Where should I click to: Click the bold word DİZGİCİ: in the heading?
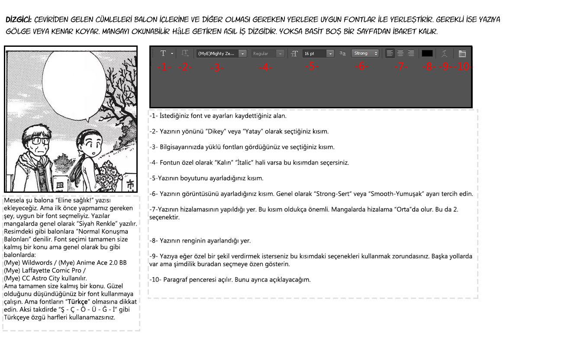(x=19, y=19)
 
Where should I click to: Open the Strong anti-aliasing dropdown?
(x=365, y=53)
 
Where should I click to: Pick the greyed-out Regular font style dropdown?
(x=268, y=54)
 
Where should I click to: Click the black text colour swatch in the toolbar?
(x=427, y=53)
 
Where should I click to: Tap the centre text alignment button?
(x=400, y=53)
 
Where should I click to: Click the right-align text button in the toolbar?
(x=411, y=53)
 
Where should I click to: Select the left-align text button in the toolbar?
(x=390, y=53)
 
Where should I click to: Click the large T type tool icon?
(x=163, y=53)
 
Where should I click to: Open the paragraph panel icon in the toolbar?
(x=462, y=54)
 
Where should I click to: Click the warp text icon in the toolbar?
(x=444, y=54)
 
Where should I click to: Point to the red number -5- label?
(x=312, y=66)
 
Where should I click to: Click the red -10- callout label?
(x=464, y=67)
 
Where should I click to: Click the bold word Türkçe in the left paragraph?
(x=77, y=302)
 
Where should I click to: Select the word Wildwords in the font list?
(x=37, y=263)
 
